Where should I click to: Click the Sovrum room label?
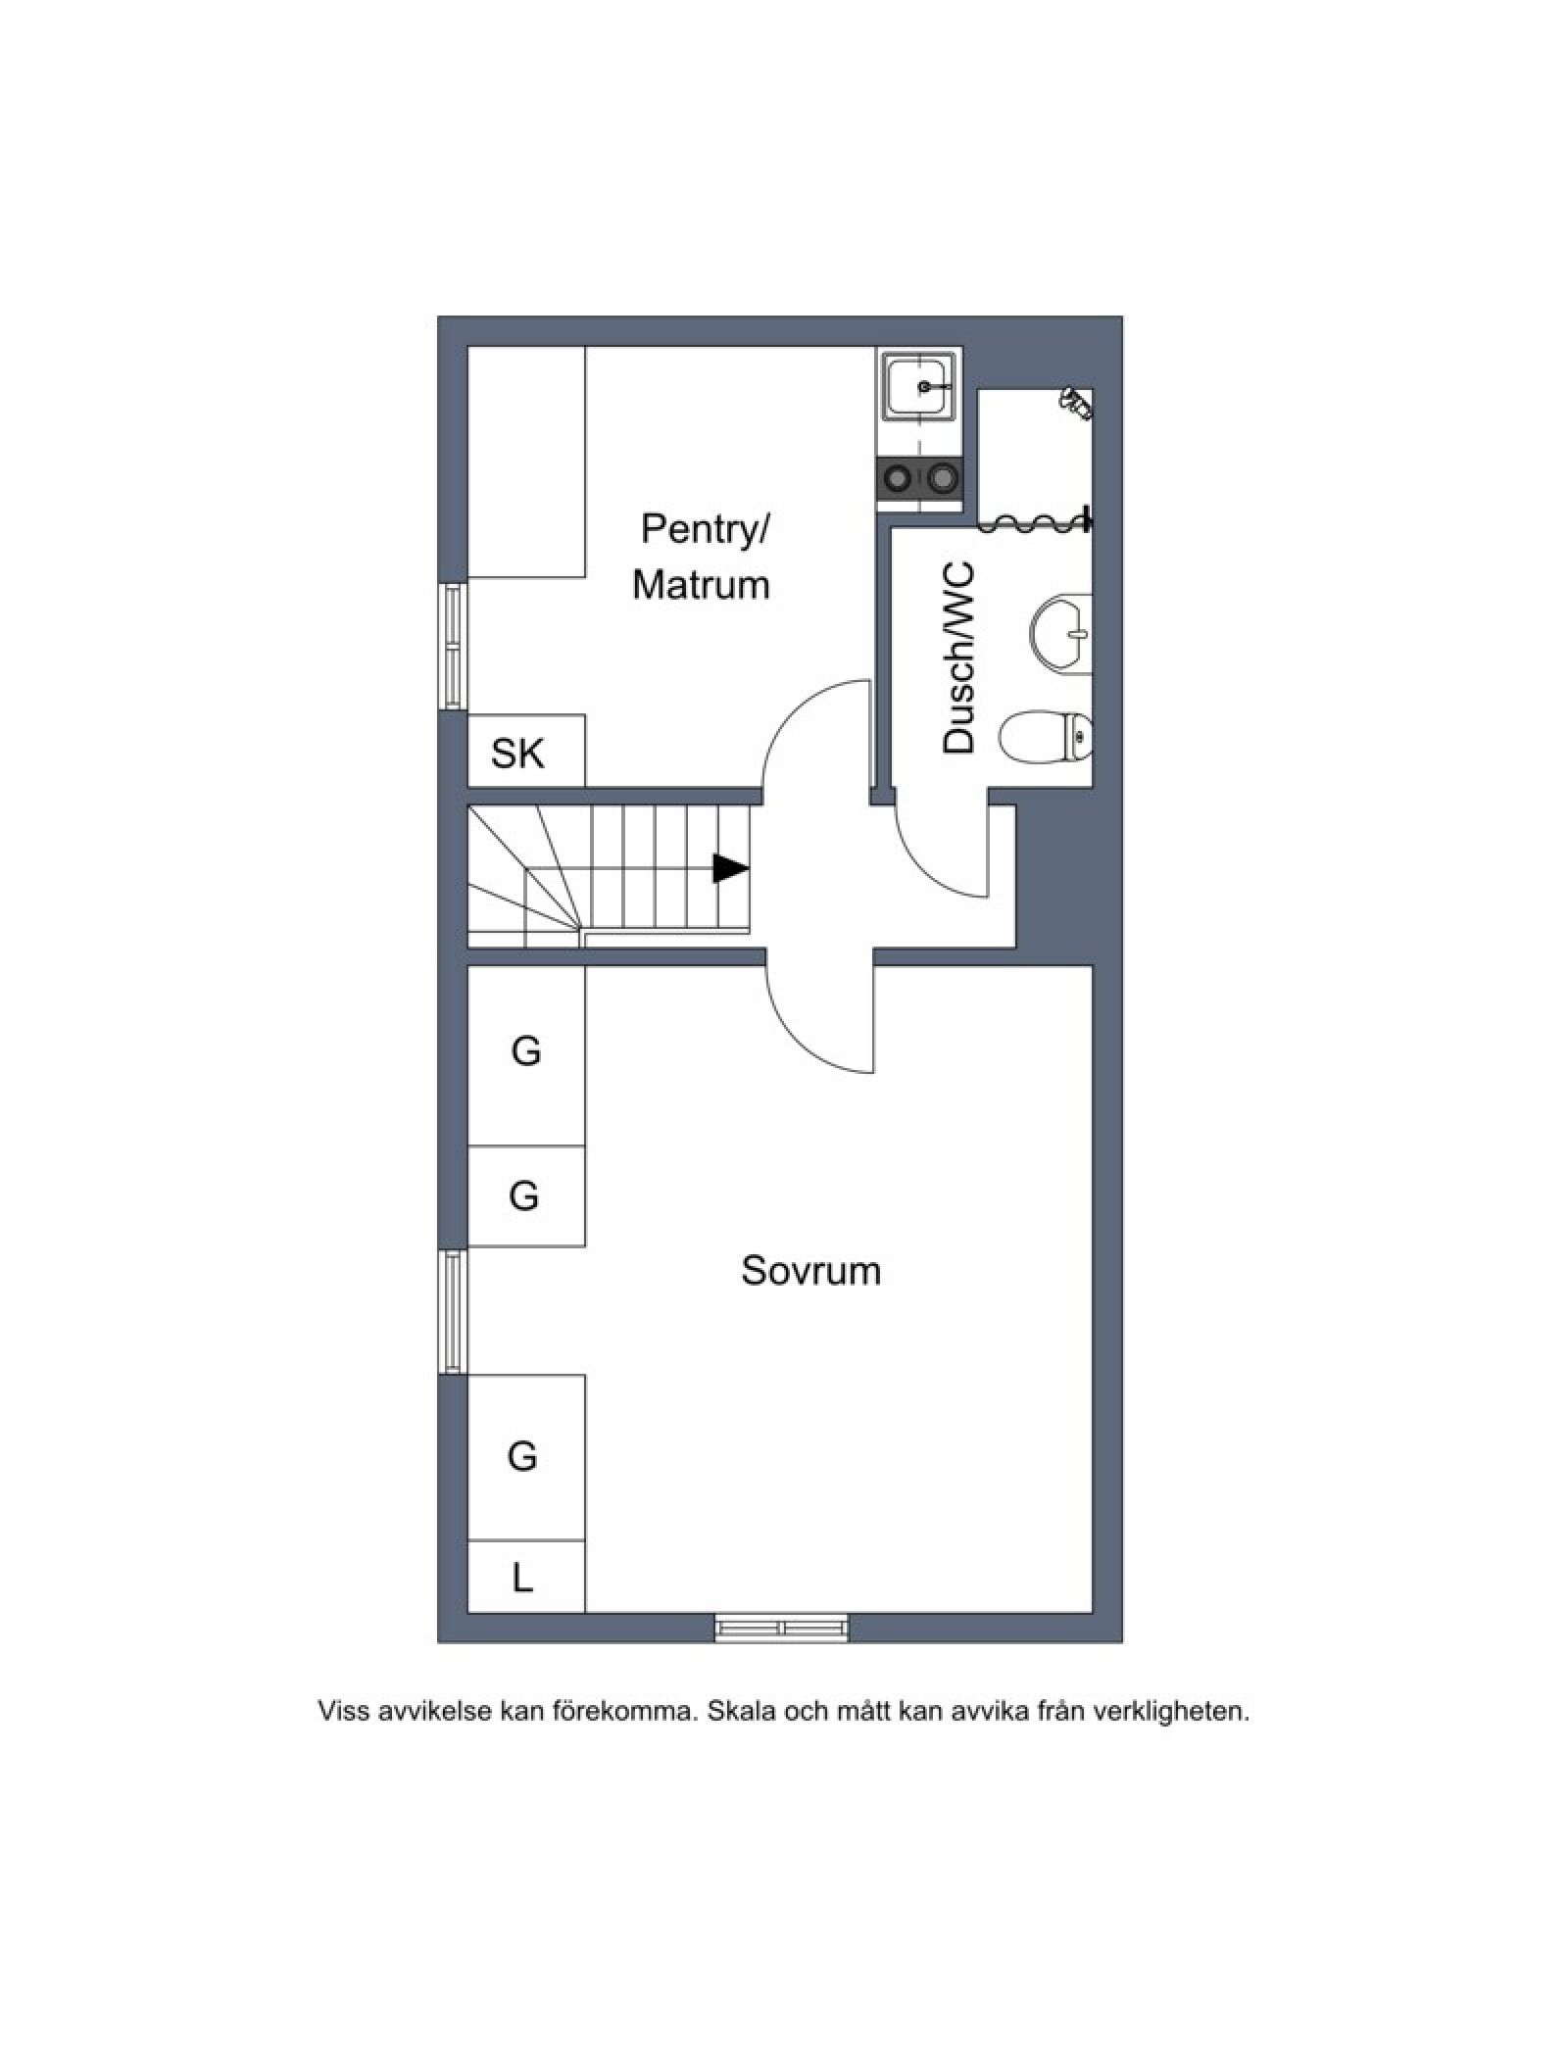point(810,1271)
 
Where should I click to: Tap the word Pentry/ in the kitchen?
point(706,529)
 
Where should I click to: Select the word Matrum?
point(701,585)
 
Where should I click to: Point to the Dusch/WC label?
point(958,658)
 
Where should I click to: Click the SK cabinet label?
point(517,754)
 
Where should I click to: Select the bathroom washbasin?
point(1060,633)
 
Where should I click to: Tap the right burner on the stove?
point(942,479)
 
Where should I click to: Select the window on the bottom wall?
point(781,1628)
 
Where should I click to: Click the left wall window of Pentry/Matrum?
point(452,646)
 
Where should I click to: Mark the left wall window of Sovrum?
point(452,1311)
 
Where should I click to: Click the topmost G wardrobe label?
point(526,1051)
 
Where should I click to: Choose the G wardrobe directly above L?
point(522,1457)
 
